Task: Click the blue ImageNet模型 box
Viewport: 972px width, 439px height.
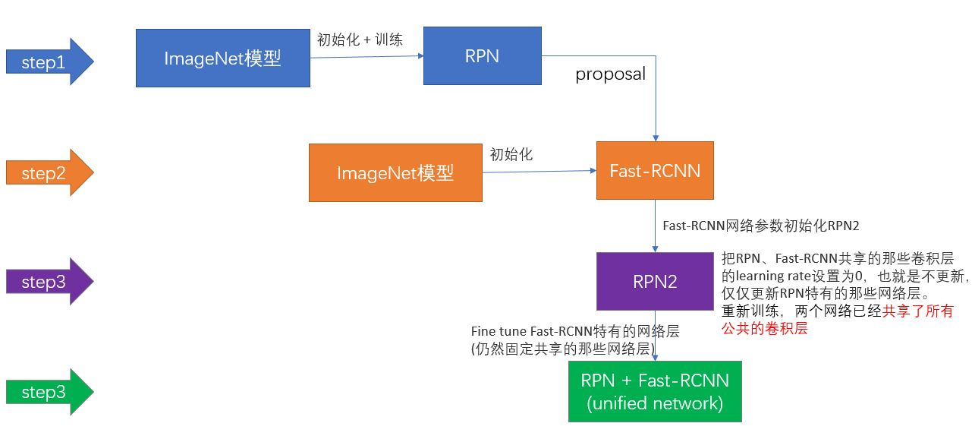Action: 222,58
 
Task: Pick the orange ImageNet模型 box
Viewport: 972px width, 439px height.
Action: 395,173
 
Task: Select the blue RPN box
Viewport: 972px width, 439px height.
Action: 482,55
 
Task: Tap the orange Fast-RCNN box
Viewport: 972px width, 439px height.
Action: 655,171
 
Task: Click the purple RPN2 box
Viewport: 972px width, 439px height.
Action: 655,282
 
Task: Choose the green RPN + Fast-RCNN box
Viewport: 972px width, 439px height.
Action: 655,391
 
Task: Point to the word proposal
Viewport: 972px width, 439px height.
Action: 610,74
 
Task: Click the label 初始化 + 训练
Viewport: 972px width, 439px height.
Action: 359,39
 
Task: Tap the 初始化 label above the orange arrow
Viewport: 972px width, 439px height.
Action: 511,154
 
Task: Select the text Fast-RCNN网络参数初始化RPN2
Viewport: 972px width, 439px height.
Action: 760,226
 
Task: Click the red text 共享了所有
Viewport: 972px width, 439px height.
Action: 917,311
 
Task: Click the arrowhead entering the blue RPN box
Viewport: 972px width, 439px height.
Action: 419,55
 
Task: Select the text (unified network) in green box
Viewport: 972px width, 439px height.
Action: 655,403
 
